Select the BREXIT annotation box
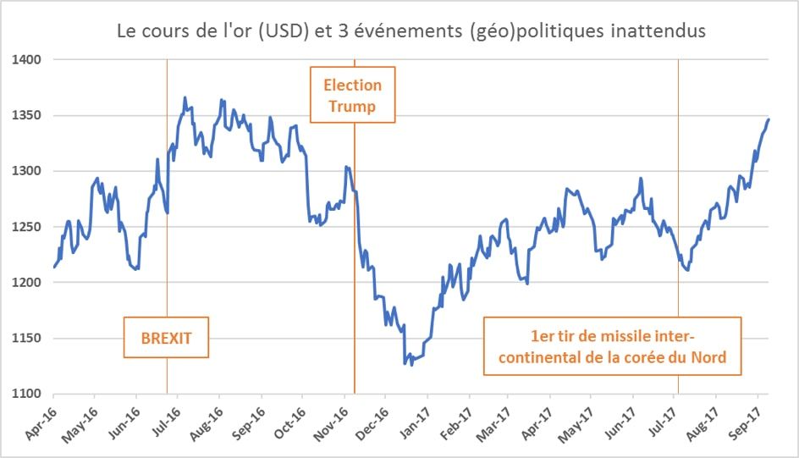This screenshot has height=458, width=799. [x=166, y=338]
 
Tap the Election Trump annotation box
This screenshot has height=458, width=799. [x=353, y=96]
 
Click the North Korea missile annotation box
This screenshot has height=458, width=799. [x=612, y=346]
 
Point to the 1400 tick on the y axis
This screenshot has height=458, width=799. [x=28, y=60]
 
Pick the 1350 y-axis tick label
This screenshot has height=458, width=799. [x=28, y=116]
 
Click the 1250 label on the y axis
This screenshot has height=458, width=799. [x=28, y=227]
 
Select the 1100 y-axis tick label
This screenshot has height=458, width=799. [x=28, y=394]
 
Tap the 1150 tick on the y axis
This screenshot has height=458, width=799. [x=28, y=339]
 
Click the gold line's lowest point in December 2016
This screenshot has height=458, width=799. [x=405, y=364]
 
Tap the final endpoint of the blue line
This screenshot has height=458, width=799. [x=768, y=119]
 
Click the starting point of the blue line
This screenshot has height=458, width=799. [x=53, y=268]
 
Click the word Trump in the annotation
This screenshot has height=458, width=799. [x=352, y=107]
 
